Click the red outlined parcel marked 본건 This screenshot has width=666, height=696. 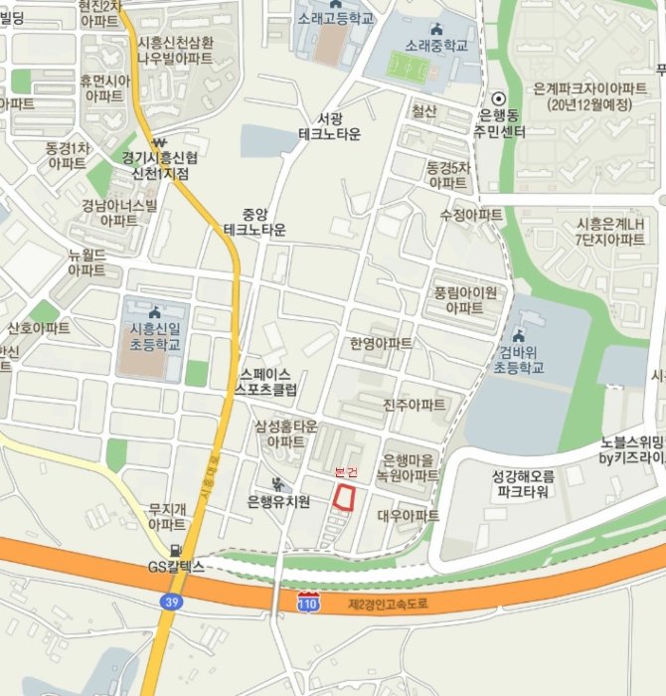(344, 498)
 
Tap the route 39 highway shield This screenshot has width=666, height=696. (171, 601)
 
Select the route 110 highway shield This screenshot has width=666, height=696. (309, 602)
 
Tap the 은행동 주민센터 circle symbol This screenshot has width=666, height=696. (499, 97)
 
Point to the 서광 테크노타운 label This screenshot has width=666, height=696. (329, 125)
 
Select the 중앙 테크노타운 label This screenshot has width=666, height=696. (254, 222)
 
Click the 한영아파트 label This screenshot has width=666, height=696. (381, 343)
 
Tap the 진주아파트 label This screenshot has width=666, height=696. (415, 405)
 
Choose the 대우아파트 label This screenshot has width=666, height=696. (408, 516)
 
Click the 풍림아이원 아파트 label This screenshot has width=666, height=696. (464, 300)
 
